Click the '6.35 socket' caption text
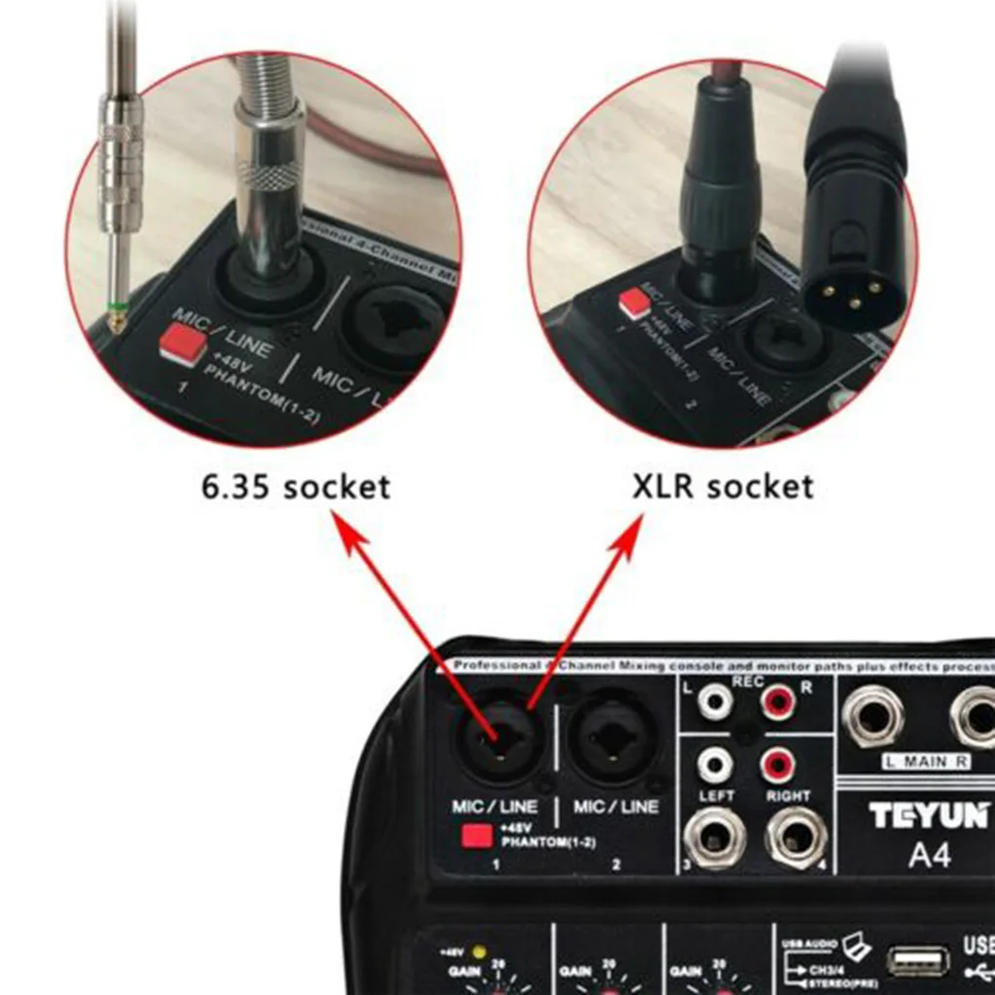(x=296, y=487)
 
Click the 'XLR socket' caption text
(x=723, y=486)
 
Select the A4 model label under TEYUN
(x=929, y=856)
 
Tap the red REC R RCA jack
(x=779, y=698)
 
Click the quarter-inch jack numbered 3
(x=715, y=837)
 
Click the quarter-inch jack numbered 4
(x=795, y=837)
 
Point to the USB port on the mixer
(x=918, y=961)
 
